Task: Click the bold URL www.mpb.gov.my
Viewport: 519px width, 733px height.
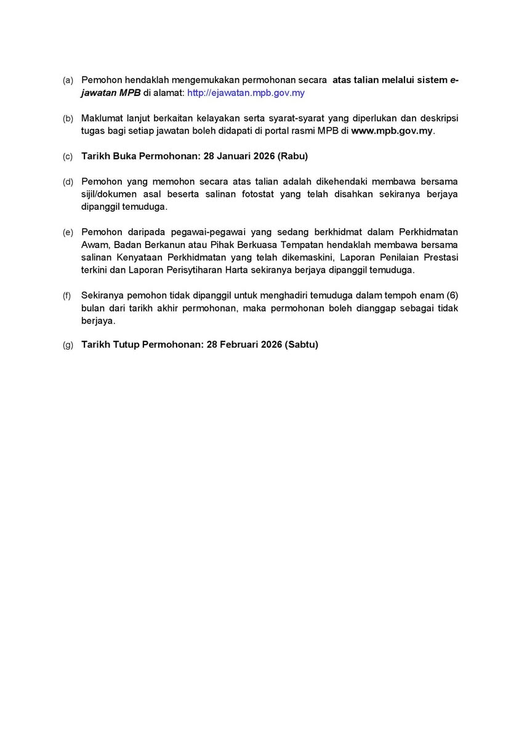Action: pos(392,131)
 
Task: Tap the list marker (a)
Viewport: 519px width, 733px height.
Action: pos(68,81)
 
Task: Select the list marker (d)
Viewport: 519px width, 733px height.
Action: pos(68,182)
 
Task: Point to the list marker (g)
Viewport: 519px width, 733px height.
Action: pos(68,345)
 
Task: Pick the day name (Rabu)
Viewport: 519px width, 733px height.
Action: pos(292,156)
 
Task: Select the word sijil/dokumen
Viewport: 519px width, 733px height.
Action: pos(110,194)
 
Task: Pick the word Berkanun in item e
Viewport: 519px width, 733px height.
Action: pos(154,245)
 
